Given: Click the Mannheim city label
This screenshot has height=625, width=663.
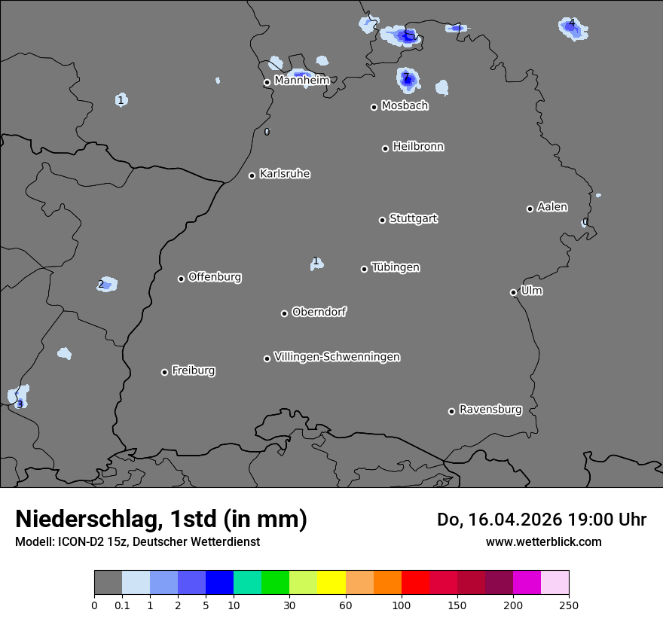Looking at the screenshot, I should (x=301, y=80).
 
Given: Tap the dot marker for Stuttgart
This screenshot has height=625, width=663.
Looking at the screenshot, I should (x=382, y=220).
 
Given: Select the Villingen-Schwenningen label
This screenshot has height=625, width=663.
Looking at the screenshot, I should (x=337, y=357).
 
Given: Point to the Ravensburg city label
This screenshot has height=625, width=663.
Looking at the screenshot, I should (x=490, y=410).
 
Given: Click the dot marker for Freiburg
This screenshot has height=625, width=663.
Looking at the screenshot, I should (x=164, y=372).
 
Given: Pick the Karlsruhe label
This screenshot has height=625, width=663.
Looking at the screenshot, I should (x=285, y=174).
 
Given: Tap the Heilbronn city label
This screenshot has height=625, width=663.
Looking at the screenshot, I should (x=418, y=147).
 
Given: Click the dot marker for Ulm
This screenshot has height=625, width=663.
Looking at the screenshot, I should (x=513, y=292).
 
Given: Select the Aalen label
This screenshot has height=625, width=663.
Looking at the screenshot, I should (x=552, y=207).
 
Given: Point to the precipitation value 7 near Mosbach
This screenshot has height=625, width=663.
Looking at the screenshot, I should (x=406, y=77).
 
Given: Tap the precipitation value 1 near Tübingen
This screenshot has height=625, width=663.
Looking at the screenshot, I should (x=316, y=262).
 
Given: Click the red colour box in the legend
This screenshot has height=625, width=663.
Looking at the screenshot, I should (x=415, y=583).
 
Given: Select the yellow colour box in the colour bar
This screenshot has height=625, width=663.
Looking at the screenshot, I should (x=331, y=583).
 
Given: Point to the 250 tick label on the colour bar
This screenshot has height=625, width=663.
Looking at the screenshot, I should (x=568, y=605).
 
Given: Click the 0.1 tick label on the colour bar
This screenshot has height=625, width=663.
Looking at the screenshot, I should (x=122, y=605).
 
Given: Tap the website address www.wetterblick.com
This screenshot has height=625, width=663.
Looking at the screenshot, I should (x=543, y=541).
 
